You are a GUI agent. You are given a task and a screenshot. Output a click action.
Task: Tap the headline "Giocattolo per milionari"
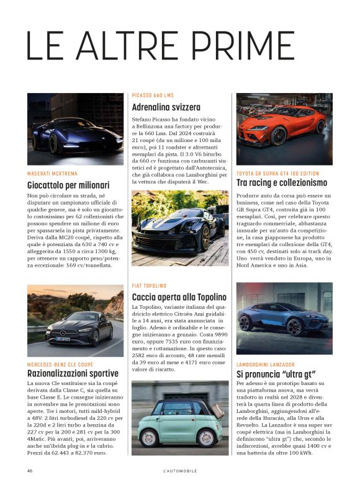68,185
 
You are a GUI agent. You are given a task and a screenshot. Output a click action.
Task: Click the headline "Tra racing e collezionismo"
282,183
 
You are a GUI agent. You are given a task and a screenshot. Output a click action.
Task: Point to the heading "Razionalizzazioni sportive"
73,373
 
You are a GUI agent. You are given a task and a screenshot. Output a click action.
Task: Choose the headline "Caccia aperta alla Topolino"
179,297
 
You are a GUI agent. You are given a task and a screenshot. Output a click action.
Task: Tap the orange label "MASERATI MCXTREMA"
53,174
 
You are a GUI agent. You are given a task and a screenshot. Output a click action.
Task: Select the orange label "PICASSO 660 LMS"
153,95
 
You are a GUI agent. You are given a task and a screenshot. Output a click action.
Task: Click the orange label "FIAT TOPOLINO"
150,285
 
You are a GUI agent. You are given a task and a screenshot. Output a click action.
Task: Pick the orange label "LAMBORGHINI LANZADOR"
266,365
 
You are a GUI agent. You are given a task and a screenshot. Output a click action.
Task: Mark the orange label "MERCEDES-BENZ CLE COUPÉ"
60,364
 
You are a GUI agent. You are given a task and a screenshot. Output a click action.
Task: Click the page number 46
30,471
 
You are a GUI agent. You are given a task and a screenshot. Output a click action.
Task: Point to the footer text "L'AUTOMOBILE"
179,471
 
